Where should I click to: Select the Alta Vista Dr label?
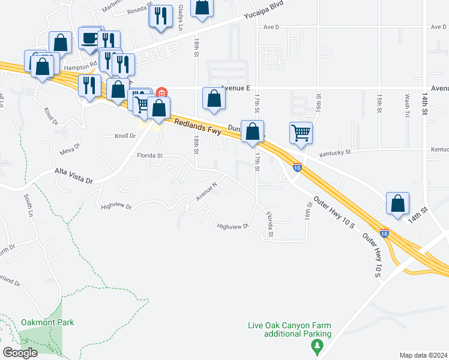[x=74, y=175]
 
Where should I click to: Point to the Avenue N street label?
[x=205, y=191]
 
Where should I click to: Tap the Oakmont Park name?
[x=47, y=322]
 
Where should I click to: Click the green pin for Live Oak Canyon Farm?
[x=317, y=346]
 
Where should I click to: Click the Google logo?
[x=20, y=353]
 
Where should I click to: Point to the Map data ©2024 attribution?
[x=423, y=355]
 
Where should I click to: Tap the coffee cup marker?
[x=90, y=38]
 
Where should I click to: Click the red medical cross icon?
[x=161, y=92]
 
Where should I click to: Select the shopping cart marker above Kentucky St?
[x=301, y=133]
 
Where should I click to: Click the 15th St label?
[x=379, y=103]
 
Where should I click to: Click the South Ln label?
[x=28, y=205]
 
